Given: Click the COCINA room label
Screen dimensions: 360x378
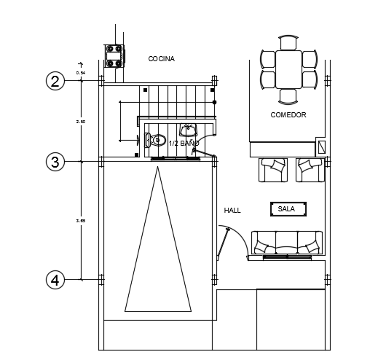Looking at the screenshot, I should (x=161, y=59).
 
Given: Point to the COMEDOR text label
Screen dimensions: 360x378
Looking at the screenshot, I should (x=288, y=115).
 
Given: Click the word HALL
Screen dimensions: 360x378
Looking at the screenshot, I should (x=232, y=211).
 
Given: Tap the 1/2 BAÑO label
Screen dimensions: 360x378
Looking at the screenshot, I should (x=184, y=144).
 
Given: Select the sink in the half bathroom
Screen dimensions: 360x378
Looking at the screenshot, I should (x=189, y=130).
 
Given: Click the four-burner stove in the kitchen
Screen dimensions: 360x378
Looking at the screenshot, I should (x=113, y=55).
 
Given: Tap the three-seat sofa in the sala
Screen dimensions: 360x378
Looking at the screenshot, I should (x=287, y=243).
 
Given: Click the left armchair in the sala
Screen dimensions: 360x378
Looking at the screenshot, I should (x=272, y=169).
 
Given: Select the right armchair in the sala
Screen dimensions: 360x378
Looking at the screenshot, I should (x=310, y=169).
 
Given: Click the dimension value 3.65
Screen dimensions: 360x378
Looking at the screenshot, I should (x=81, y=220).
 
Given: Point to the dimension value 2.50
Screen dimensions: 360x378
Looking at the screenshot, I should (x=81, y=122).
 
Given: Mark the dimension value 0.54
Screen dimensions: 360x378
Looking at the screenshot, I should (x=81, y=73).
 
